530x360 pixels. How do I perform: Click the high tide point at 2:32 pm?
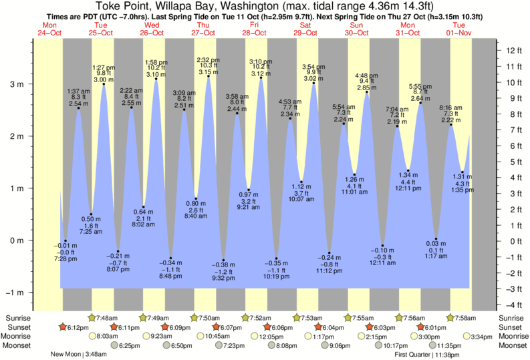click(x=209, y=76)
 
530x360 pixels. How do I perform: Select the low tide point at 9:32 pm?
click(x=223, y=260)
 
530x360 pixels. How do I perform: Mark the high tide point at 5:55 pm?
click(x=420, y=103)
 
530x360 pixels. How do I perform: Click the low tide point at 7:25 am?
click(x=92, y=214)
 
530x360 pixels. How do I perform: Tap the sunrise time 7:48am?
click(x=108, y=317)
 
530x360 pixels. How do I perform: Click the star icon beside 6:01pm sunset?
click(x=421, y=327)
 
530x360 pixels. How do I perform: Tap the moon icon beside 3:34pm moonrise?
click(x=466, y=337)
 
